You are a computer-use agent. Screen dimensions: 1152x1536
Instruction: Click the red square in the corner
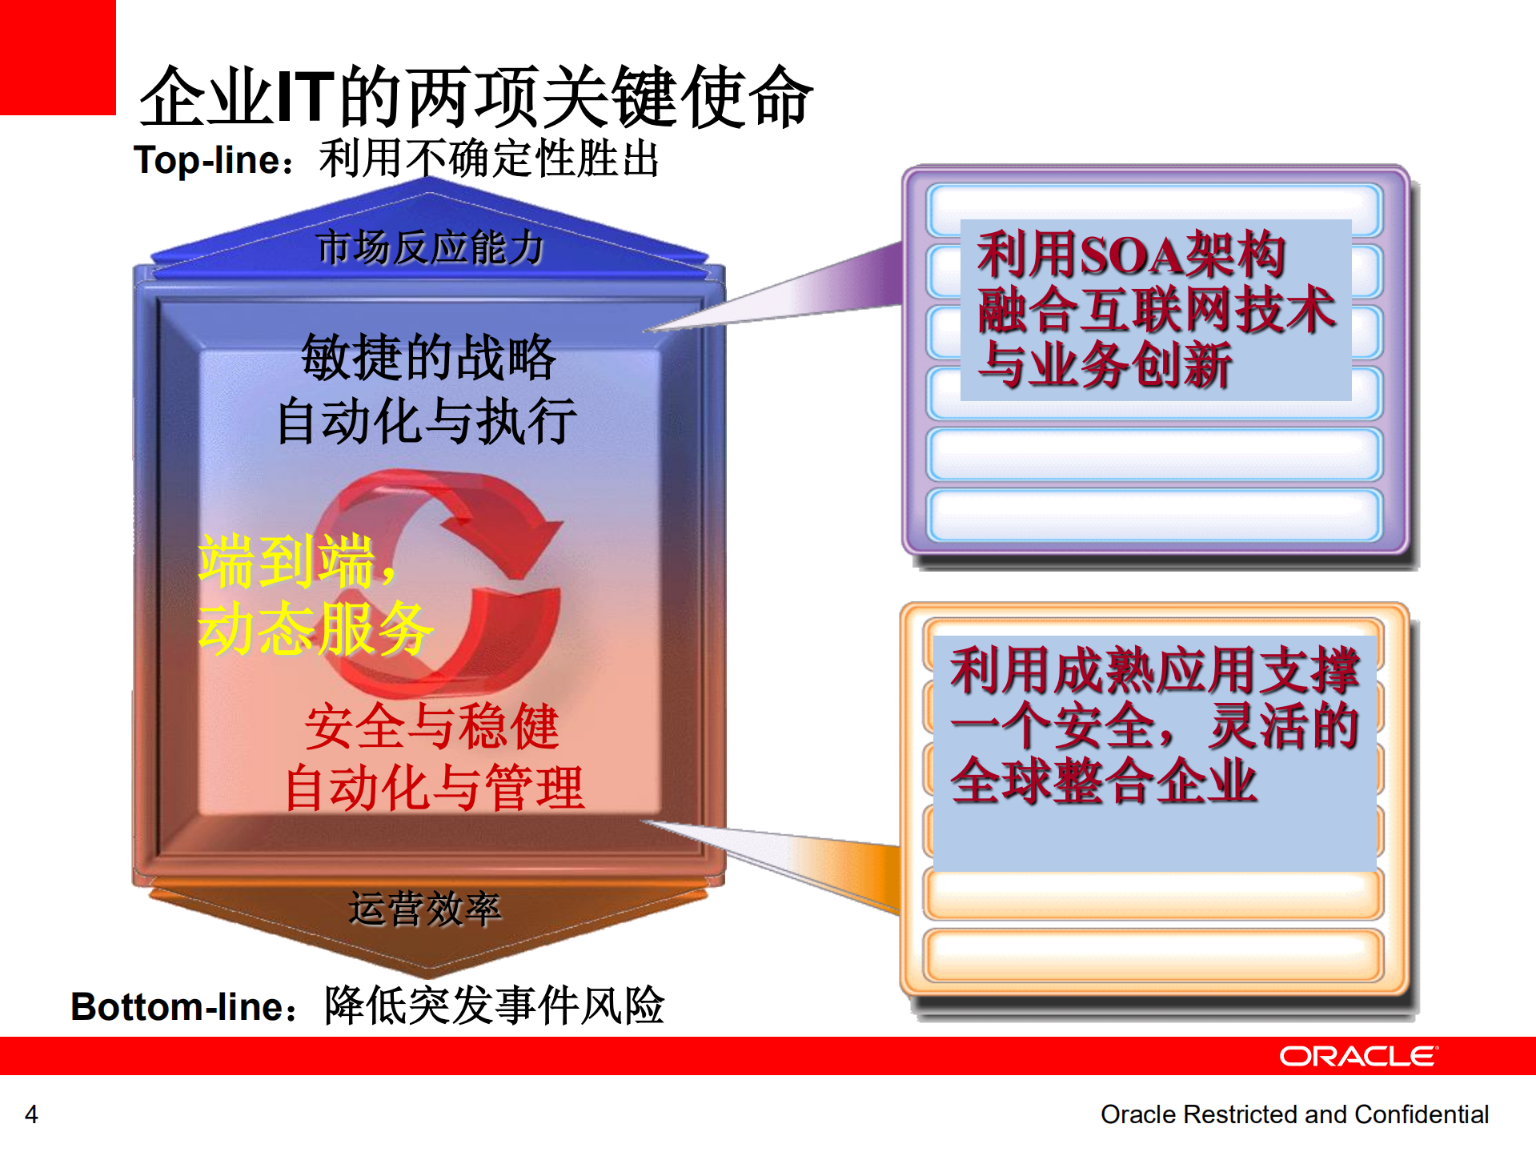(x=57, y=57)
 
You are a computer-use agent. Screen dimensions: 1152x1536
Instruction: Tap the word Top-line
(x=207, y=160)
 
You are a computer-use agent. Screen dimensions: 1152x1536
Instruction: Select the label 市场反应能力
(x=430, y=247)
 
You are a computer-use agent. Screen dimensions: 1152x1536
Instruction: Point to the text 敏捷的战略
(x=428, y=357)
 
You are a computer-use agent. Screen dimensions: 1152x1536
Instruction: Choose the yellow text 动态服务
(x=315, y=629)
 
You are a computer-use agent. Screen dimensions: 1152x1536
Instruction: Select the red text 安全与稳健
(x=431, y=727)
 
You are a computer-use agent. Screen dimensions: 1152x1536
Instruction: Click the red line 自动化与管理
(x=435, y=788)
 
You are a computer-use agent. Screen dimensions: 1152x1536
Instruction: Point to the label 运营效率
(x=425, y=909)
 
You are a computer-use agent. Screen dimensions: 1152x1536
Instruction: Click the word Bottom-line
(x=177, y=1007)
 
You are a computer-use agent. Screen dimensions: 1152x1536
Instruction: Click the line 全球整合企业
(x=1103, y=781)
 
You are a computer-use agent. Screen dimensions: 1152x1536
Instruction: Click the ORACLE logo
(x=1358, y=1057)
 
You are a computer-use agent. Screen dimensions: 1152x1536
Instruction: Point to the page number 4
(x=31, y=1114)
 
